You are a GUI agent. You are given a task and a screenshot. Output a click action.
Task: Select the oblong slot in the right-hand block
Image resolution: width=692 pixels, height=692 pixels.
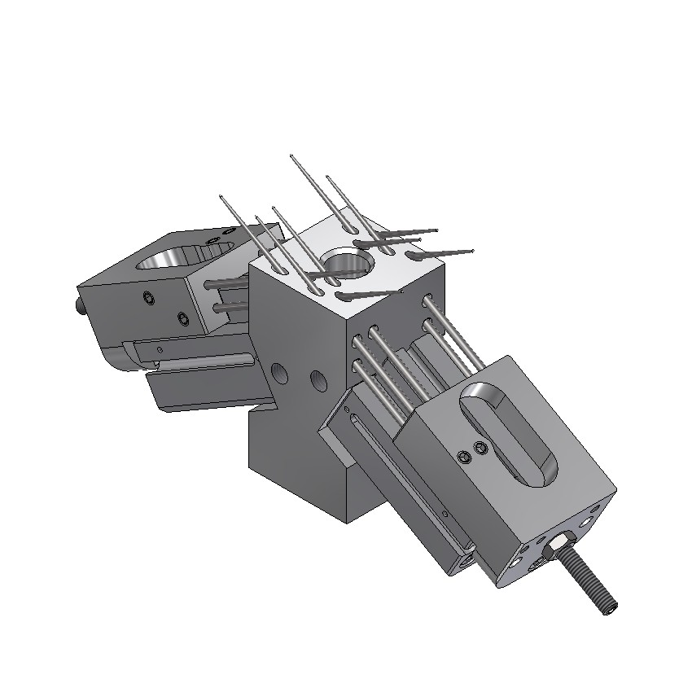click(x=505, y=431)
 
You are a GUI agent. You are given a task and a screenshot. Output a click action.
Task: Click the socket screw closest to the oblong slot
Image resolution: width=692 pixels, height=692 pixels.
click(x=481, y=449)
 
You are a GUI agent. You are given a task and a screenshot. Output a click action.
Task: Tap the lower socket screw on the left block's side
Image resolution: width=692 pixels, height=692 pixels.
click(x=182, y=317)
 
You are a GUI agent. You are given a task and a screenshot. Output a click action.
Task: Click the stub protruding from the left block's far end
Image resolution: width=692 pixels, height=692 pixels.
click(x=80, y=308)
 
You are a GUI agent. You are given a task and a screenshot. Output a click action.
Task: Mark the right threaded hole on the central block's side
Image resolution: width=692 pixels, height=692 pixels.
click(x=317, y=380)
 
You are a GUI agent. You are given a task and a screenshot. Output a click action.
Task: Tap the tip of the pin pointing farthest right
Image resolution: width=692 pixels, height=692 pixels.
click(x=472, y=251)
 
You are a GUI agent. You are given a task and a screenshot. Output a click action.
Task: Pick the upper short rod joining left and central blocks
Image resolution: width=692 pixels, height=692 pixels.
click(x=229, y=283)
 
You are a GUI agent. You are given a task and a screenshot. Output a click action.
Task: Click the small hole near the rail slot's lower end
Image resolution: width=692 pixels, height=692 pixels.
click(x=446, y=514)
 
